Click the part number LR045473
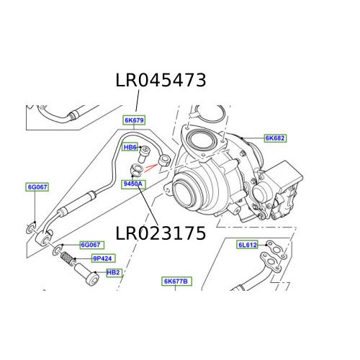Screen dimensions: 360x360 [x=161, y=81]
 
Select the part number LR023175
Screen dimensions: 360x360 [x=161, y=233]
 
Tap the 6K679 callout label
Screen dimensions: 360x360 [x=133, y=121]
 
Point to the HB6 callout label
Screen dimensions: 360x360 [x=130, y=148]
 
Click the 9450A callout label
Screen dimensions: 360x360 [x=133, y=184]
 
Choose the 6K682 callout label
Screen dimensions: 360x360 [x=275, y=138]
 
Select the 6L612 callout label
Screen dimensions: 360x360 [x=248, y=245]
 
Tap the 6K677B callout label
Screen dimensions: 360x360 [x=175, y=281]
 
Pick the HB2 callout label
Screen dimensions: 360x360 [x=114, y=273]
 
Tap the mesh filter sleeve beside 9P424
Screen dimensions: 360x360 [x=66, y=256]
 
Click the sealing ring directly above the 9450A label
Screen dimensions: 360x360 [x=135, y=171]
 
